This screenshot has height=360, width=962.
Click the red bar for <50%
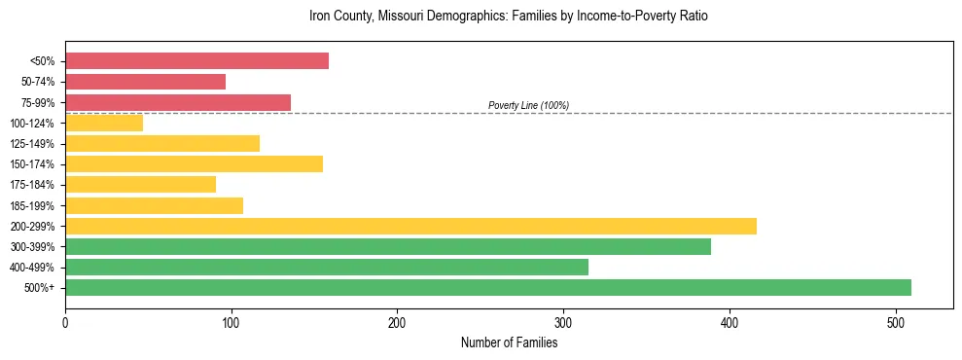coord(196,61)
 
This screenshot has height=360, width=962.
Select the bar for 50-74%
coord(145,82)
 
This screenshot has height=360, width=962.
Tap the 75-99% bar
coord(178,102)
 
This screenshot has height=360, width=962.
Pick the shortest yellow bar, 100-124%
coord(104,123)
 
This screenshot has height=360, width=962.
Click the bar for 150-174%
coord(194,163)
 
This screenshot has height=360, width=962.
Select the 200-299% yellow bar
coord(410,226)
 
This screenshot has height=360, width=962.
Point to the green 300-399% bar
coord(388,246)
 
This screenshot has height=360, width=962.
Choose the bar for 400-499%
coord(327,267)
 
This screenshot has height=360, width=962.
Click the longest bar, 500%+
coord(488,287)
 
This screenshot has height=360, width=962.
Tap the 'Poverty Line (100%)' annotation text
coord(528,105)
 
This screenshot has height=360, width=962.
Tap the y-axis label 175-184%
coord(31,185)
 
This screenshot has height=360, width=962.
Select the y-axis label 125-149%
coord(31,144)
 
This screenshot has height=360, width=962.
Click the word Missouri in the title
coord(402,17)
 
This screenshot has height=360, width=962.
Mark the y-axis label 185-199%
coord(31,205)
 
